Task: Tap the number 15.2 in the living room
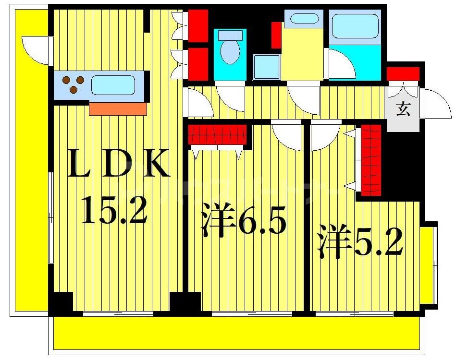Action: pyautogui.click(x=114, y=210)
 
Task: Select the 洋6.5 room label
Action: pyautogui.click(x=243, y=222)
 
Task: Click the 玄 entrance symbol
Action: pyautogui.click(x=403, y=110)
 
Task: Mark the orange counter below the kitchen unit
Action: pyautogui.click(x=118, y=109)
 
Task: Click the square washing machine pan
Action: pyautogui.click(x=267, y=67)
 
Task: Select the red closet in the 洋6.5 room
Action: pyautogui.click(x=217, y=134)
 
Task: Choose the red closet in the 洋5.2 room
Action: pyautogui.click(x=371, y=160)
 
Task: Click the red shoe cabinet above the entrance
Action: pyautogui.click(x=403, y=74)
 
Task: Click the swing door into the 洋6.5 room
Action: pyautogui.click(x=287, y=135)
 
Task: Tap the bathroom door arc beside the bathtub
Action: pyautogui.click(x=341, y=65)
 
